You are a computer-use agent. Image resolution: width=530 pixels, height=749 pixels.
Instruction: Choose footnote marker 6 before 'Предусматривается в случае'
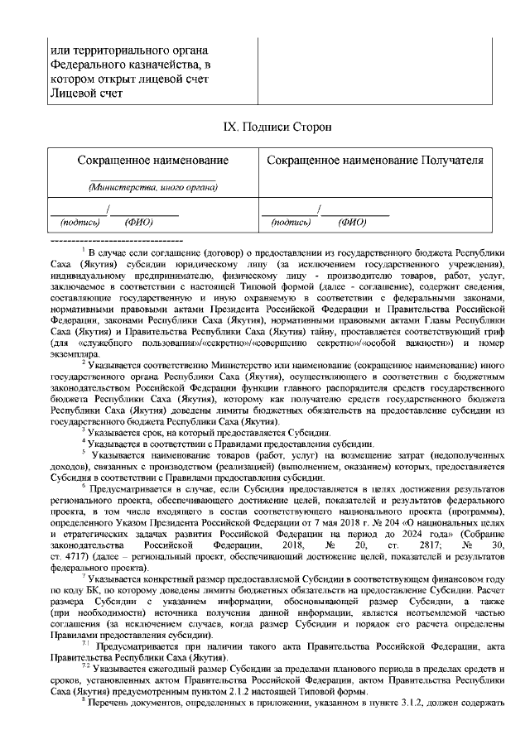(x=83, y=487)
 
